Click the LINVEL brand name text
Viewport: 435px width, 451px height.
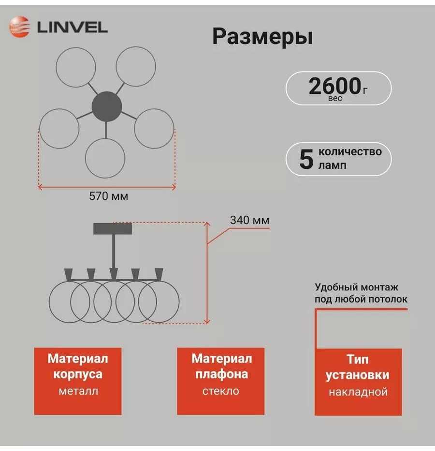[72, 28]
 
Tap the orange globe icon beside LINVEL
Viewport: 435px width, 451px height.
[19, 27]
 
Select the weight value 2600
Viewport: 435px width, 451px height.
[335, 86]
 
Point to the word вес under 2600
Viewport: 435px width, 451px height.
[335, 98]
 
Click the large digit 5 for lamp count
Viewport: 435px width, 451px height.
[306, 159]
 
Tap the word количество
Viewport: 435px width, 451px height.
[350, 151]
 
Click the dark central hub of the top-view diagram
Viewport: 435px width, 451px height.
[107, 106]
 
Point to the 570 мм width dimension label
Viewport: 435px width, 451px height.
[108, 196]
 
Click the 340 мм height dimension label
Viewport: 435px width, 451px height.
[250, 220]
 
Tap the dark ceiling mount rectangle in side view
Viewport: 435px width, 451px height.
[113, 228]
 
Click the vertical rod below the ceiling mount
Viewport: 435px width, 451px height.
[114, 251]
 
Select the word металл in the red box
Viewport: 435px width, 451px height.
[78, 391]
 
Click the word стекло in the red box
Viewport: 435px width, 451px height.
[221, 391]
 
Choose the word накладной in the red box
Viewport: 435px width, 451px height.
[358, 392]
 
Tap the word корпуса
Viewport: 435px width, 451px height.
[78, 375]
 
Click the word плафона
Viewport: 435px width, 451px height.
[221, 375]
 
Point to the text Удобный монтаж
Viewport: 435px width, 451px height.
[356, 287]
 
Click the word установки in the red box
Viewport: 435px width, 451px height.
[357, 375]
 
